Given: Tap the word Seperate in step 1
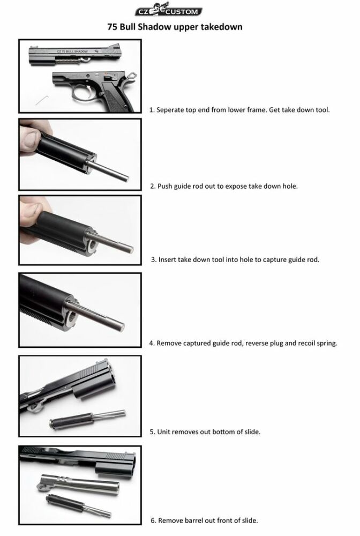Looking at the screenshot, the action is [x=170, y=110].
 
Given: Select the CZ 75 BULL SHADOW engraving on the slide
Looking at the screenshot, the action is [x=72, y=51].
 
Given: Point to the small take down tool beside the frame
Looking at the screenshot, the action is [x=42, y=100].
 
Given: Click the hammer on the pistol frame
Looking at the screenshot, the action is [x=132, y=74].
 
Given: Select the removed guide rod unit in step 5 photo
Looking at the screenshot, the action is [x=88, y=419].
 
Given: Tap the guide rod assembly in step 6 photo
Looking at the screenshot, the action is [x=78, y=505].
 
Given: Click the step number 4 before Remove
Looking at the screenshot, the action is [x=152, y=343].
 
